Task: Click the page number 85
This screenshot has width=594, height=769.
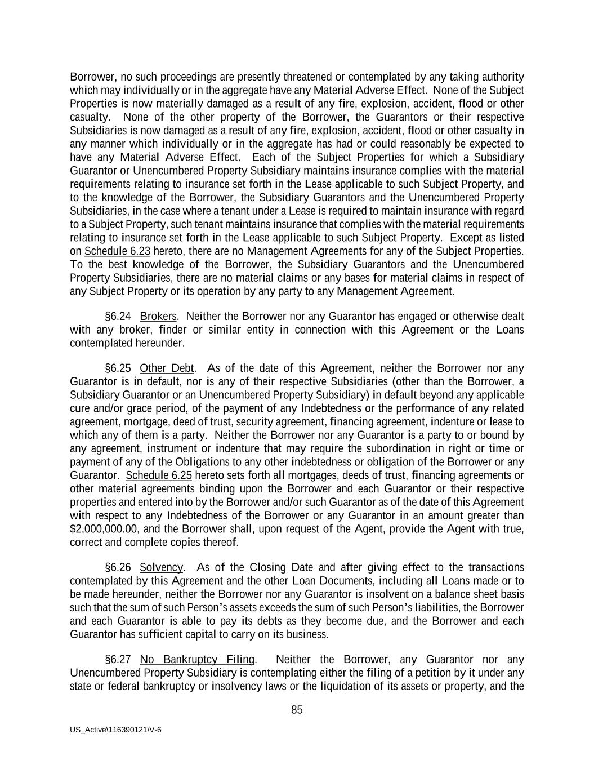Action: [x=297, y=710]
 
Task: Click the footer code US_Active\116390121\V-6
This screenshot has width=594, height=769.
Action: [x=115, y=730]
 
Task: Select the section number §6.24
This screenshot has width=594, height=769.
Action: [x=118, y=317]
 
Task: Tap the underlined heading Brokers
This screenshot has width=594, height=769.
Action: [x=158, y=317]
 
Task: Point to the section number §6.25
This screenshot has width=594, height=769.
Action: [x=118, y=368]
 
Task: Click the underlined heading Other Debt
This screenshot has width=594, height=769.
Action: [x=167, y=368]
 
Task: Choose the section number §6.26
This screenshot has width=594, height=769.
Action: [x=118, y=567]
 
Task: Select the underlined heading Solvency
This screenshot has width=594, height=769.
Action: [x=161, y=567]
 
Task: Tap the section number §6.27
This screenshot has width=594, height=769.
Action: [x=118, y=660]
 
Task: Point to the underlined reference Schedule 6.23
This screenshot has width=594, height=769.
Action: [x=117, y=251]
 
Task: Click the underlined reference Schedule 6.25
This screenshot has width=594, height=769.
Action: [x=159, y=475]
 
